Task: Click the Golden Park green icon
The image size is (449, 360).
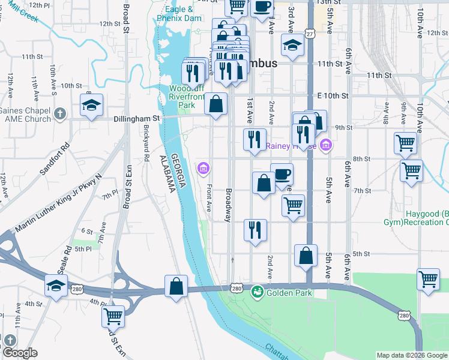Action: coord(258,292)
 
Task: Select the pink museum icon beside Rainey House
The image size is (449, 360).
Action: coord(326,145)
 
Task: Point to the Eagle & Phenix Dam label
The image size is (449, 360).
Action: coord(179,14)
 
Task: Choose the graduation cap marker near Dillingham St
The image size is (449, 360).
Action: coord(91,106)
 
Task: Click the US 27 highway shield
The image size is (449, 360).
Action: coord(309,34)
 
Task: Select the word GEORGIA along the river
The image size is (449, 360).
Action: coord(175,171)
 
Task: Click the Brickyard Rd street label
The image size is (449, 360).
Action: coord(146,144)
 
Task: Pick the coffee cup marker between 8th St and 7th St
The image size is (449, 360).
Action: coord(282,174)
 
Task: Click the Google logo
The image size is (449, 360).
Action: coord(20,353)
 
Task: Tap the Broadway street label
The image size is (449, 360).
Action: coord(228,206)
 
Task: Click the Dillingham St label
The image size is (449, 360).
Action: coord(138,119)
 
